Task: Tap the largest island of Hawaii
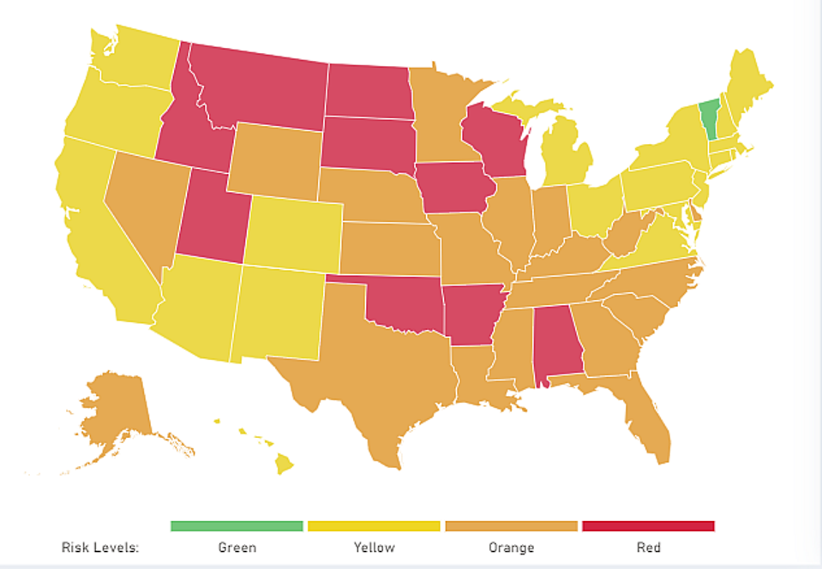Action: (x=284, y=464)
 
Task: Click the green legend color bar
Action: (x=237, y=525)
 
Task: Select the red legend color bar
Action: (x=647, y=525)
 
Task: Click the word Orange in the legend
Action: (x=511, y=547)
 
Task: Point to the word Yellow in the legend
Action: (x=374, y=547)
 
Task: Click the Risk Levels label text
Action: (x=99, y=547)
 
